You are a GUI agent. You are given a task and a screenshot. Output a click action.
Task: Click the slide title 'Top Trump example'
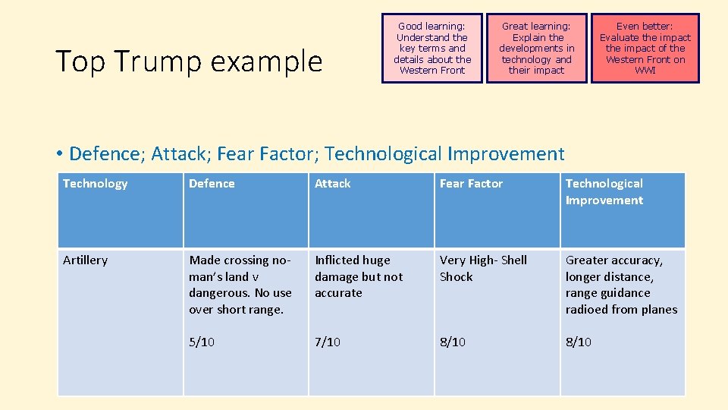click(x=189, y=61)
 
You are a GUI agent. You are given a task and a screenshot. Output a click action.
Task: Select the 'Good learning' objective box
click(x=432, y=48)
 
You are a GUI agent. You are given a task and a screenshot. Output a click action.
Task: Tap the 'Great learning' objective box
click(x=536, y=48)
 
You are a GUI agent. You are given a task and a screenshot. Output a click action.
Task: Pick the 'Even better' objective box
click(x=645, y=48)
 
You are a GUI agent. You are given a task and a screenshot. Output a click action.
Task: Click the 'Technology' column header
click(x=95, y=184)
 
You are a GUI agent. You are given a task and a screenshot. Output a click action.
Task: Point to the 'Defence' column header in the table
click(x=212, y=184)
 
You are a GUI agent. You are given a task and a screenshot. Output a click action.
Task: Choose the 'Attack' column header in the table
click(x=333, y=184)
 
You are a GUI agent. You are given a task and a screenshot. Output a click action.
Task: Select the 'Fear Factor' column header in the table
click(x=471, y=184)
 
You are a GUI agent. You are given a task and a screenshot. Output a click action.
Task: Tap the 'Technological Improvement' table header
click(x=604, y=192)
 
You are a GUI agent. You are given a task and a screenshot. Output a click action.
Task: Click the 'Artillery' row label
click(x=85, y=260)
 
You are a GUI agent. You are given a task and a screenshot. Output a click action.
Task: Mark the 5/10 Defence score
click(x=202, y=342)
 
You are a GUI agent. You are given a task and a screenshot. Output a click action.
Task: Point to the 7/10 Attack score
click(x=328, y=342)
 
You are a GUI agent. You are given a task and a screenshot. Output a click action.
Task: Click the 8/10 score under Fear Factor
click(x=453, y=342)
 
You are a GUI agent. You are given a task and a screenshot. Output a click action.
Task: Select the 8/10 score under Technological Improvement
click(x=579, y=342)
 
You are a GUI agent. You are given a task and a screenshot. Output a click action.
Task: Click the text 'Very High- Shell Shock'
click(x=483, y=268)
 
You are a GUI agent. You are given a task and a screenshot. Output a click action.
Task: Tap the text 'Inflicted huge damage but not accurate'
click(x=359, y=276)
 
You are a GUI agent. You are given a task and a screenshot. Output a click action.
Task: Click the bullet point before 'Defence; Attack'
click(x=59, y=155)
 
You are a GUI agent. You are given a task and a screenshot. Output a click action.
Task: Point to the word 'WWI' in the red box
click(x=645, y=71)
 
